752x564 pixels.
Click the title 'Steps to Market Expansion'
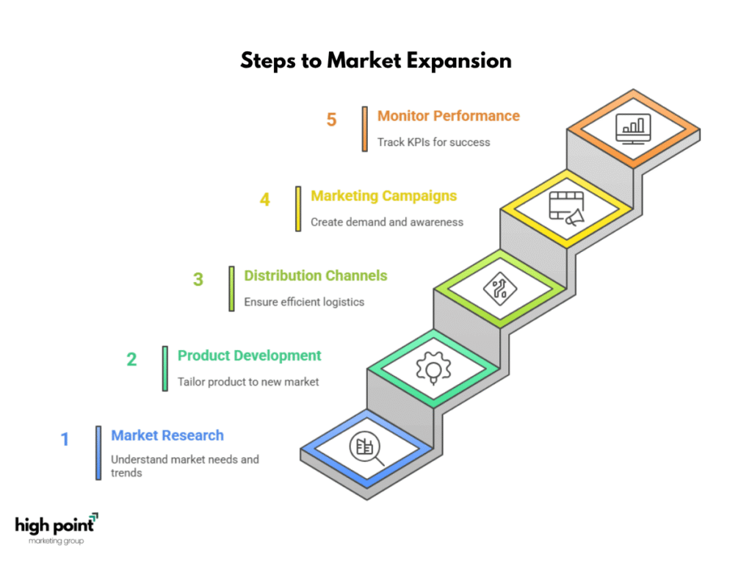click(376, 61)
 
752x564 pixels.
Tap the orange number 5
click(331, 120)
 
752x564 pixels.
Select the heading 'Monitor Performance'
click(449, 116)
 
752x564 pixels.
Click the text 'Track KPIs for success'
click(433, 142)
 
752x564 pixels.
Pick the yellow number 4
click(264, 200)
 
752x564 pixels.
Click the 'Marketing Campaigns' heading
click(383, 196)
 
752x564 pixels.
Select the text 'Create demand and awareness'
click(387, 222)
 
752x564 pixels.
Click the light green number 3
click(198, 279)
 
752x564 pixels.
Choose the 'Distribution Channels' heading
click(316, 276)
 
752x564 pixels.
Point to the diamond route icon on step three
click(499, 289)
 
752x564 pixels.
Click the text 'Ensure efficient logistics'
click(304, 302)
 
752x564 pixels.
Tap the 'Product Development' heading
click(250, 356)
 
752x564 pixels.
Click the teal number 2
click(131, 359)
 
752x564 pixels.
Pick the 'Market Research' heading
click(167, 435)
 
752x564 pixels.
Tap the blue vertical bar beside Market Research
click(98, 452)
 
